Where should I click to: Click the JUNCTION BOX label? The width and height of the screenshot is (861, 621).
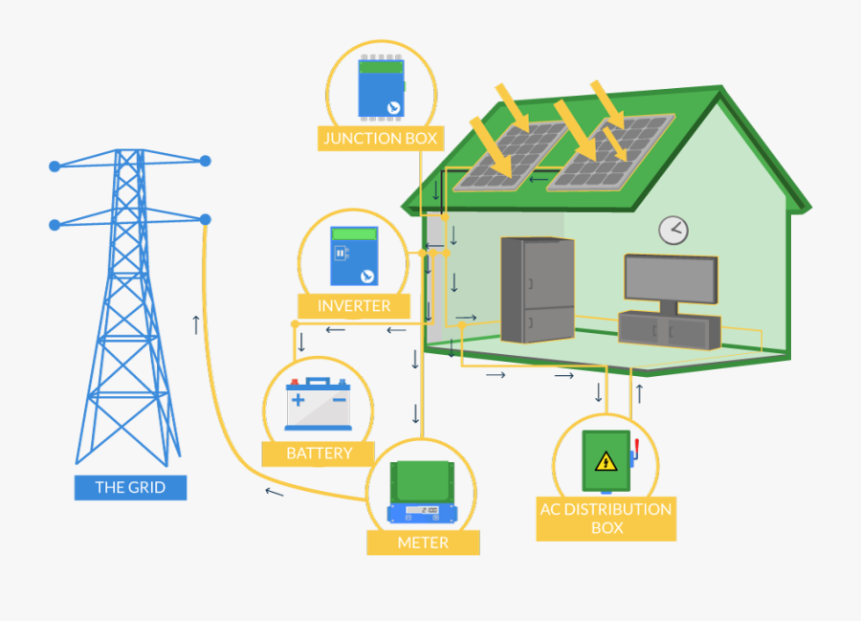point(380,139)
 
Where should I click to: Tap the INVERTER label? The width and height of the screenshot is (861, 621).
point(354,306)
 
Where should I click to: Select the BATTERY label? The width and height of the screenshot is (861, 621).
point(320,454)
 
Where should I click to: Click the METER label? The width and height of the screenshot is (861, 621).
point(423,543)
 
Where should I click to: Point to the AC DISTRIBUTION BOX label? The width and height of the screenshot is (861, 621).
point(606,518)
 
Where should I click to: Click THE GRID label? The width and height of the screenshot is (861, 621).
point(130,487)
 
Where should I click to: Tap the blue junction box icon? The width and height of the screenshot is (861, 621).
point(380,89)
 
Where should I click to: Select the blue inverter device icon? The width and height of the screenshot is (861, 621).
point(354,255)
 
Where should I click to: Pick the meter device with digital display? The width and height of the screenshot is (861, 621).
point(423,493)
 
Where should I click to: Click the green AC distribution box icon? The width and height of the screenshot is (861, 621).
point(607,461)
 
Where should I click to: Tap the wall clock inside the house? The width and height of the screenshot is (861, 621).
point(673,230)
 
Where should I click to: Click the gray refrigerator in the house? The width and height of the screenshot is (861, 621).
point(538,289)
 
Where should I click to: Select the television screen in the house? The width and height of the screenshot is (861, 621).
point(670,277)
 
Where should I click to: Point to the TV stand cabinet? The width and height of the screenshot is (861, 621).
point(669,329)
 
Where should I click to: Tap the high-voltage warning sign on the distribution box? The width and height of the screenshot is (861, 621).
point(606,462)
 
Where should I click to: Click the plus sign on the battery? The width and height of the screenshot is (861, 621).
point(298,398)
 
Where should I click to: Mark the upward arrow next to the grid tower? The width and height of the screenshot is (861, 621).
point(196,324)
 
